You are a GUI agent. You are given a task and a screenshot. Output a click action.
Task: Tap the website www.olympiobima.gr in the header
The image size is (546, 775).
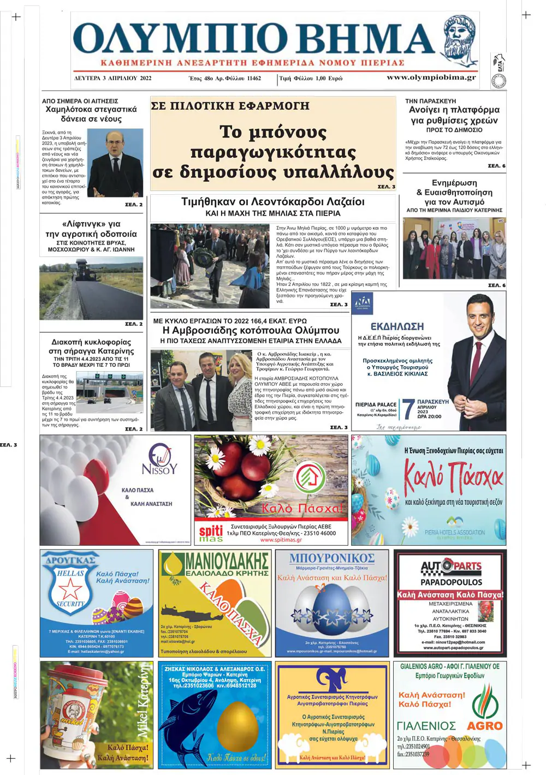pyautogui.click(x=431, y=77)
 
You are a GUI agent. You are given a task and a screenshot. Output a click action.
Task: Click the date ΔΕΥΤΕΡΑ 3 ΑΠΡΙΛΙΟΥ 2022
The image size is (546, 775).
pyautogui.click(x=113, y=79)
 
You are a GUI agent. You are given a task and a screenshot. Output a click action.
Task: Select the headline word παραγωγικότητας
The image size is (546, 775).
pyautogui.click(x=273, y=152)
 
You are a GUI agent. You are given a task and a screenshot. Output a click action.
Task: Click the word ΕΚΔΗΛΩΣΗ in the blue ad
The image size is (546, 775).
pyautogui.click(x=397, y=326)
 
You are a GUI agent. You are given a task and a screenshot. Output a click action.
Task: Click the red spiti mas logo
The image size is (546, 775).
pyautogui.click(x=211, y=533)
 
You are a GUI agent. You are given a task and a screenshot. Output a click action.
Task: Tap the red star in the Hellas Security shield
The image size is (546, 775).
pyautogui.click(x=70, y=589)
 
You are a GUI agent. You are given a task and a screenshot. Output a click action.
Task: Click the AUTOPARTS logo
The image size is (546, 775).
pyautogui.click(x=451, y=568)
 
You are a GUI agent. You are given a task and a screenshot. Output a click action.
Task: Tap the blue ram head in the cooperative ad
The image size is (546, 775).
pyautogui.click(x=332, y=680)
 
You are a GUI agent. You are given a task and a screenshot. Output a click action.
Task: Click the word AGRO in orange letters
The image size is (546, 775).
pyautogui.click(x=484, y=726)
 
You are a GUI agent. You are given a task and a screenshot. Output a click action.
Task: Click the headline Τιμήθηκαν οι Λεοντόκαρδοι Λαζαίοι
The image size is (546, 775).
pyautogui.click(x=272, y=201)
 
